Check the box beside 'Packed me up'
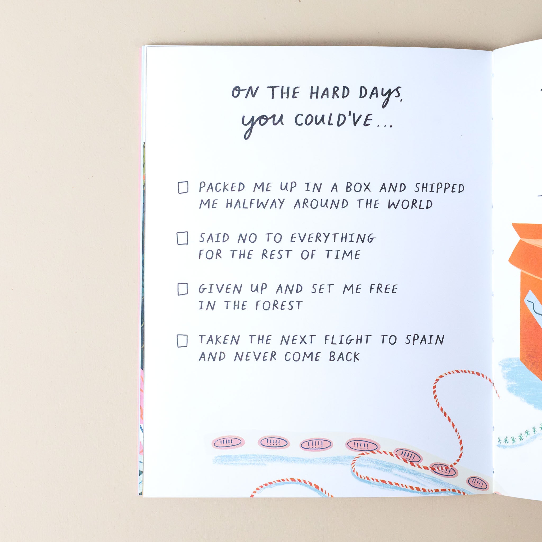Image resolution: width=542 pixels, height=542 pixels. click(x=183, y=187)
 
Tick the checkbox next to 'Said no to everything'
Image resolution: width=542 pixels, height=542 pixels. click(x=182, y=238)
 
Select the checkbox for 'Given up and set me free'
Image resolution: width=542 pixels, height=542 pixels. click(x=183, y=289)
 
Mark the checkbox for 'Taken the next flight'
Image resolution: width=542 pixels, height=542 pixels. click(x=182, y=341)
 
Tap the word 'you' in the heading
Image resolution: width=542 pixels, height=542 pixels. click(x=263, y=123)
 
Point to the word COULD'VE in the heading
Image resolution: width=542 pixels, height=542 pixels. click(x=334, y=120)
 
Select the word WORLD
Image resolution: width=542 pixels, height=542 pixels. click(x=410, y=204)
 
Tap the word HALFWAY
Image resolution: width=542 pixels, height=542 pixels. click(x=255, y=204)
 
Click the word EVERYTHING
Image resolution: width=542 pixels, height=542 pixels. click(x=333, y=238)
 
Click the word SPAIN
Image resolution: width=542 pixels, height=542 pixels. click(x=425, y=340)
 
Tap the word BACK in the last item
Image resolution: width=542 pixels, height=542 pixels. click(x=344, y=356)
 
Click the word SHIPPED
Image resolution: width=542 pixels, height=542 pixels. click(x=439, y=188)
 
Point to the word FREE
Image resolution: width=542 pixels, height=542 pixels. click(x=383, y=289)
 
